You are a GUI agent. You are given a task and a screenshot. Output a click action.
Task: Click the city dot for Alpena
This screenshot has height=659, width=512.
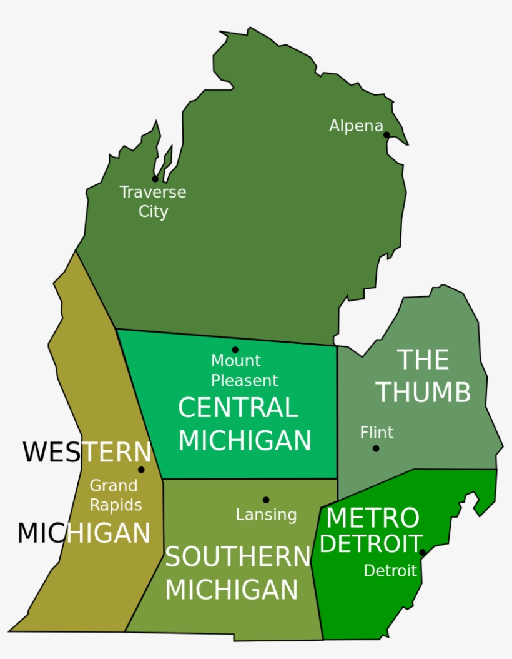(x=386, y=134)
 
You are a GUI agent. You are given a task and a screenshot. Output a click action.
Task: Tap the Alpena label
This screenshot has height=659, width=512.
(x=356, y=126)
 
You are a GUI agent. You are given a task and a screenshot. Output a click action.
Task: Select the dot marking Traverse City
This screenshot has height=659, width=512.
(x=155, y=179)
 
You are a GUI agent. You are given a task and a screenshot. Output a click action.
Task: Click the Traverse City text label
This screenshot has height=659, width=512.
(x=153, y=201)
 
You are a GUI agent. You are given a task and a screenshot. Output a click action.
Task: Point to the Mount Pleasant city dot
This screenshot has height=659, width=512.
(x=235, y=350)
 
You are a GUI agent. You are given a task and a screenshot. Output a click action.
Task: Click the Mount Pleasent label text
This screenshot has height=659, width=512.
(x=244, y=370)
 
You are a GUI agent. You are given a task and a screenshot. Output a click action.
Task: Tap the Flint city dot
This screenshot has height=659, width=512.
(x=376, y=448)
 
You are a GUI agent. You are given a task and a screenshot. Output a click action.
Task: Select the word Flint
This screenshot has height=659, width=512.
(x=377, y=432)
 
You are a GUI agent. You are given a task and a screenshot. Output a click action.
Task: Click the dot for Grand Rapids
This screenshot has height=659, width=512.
(x=141, y=470)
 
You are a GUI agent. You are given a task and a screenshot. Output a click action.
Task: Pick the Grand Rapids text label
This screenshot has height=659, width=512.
(x=116, y=495)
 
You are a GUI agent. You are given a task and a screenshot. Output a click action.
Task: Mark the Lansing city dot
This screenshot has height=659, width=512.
(x=266, y=500)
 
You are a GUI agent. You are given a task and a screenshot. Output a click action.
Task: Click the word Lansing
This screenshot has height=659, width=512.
(x=266, y=515)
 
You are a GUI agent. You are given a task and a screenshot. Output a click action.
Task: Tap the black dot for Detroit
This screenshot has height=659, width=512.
(x=423, y=553)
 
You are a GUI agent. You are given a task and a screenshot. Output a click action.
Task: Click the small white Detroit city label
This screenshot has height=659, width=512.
(x=390, y=571)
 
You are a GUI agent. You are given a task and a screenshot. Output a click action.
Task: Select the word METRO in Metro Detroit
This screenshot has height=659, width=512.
(x=373, y=518)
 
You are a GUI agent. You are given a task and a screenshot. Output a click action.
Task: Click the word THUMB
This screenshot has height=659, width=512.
(x=423, y=392)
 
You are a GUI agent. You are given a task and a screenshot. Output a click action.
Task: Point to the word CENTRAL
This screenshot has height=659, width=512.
(x=238, y=408)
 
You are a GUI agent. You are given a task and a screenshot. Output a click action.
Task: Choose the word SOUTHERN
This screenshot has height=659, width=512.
(x=238, y=557)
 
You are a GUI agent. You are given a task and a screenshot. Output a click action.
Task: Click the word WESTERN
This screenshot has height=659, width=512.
(x=87, y=452)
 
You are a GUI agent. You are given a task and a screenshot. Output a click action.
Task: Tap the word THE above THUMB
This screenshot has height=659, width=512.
(x=423, y=360)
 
